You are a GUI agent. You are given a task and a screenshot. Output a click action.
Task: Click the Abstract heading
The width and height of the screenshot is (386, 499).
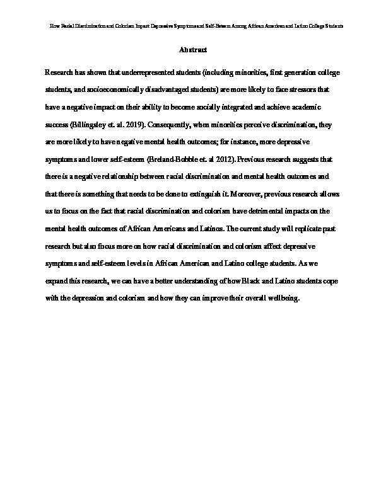pos(193,49)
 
